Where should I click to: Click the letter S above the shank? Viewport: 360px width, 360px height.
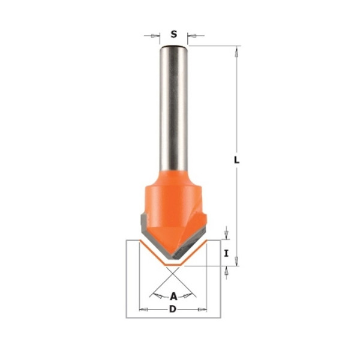tap(174, 34)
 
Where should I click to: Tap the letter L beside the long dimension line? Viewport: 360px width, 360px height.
tap(236, 160)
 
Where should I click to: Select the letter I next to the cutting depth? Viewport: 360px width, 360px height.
tap(226, 253)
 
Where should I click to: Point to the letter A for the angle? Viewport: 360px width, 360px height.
tap(173, 296)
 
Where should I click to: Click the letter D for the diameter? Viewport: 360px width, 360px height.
tap(173, 309)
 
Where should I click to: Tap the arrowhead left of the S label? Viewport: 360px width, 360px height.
tap(155, 35)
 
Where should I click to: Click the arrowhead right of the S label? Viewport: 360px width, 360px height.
tap(192, 35)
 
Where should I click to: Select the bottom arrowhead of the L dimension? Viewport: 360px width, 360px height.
tap(237, 261)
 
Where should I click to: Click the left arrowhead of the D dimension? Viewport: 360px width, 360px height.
tap(144, 310)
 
